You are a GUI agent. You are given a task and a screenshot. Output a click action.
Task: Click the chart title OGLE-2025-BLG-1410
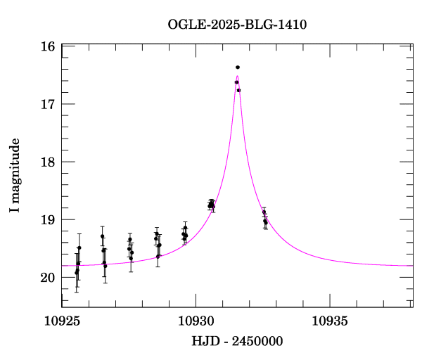[x=237, y=25]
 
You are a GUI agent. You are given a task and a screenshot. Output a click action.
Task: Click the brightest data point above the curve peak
[x=238, y=67]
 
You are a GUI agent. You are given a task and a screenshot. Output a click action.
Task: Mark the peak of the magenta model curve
[x=237, y=76]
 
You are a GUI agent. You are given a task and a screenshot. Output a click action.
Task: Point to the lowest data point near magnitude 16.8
[x=239, y=90]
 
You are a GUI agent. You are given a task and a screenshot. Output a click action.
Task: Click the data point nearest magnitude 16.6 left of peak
[x=236, y=82]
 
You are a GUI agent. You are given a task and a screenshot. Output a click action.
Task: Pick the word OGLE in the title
[x=184, y=25]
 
